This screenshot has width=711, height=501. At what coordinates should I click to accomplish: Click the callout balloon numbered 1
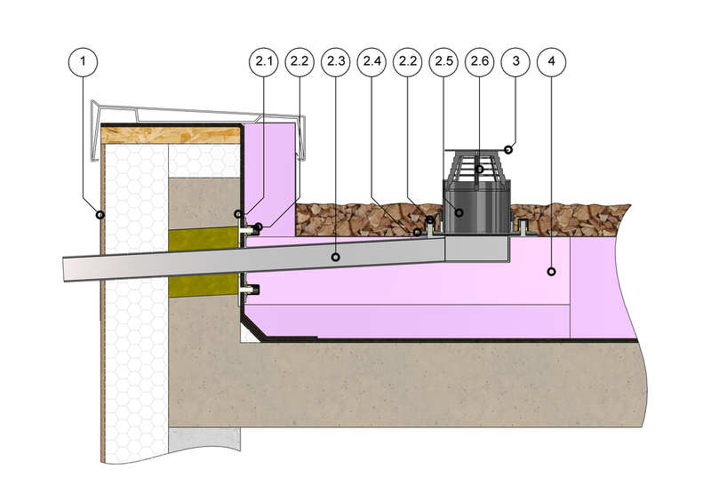83,61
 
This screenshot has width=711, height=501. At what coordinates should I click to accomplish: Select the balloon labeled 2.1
263,61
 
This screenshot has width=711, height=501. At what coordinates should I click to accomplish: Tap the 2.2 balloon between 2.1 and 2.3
300,61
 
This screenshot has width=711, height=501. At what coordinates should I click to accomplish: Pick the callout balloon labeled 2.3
336,61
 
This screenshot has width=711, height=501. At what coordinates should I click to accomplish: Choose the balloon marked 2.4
371,61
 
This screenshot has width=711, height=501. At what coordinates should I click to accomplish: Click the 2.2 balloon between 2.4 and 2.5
407,61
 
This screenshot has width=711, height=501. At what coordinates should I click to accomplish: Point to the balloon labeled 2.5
443,61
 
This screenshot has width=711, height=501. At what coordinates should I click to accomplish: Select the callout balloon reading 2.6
480,61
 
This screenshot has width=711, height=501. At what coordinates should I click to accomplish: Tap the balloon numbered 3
515,61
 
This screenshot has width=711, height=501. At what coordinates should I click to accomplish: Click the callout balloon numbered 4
551,61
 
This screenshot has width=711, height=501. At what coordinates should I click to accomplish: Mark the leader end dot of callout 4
551,272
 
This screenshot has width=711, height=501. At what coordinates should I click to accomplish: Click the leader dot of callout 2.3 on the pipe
336,257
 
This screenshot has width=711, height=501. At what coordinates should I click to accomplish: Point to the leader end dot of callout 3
508,149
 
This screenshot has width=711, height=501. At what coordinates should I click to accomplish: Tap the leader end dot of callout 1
100,214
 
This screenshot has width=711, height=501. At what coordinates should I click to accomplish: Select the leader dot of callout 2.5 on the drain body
459,212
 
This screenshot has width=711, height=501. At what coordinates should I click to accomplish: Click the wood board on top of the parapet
171,136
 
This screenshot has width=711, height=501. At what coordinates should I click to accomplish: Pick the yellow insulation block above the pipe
204,240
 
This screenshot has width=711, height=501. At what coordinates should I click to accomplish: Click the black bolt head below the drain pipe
255,290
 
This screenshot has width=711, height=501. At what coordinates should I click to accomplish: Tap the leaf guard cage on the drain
477,169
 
